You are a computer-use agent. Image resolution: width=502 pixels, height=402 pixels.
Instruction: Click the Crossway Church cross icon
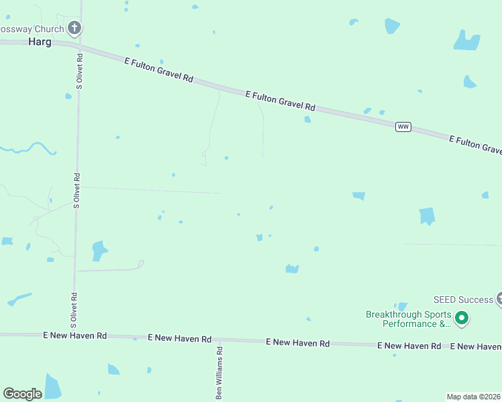click(x=74, y=28)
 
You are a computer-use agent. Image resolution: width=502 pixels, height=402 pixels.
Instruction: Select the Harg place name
click(x=40, y=41)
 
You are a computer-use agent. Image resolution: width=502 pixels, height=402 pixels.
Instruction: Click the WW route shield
click(x=403, y=127)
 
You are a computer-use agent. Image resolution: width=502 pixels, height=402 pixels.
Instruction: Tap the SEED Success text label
click(x=464, y=299)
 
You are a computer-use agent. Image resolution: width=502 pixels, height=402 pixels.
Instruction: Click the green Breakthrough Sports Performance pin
click(x=462, y=318)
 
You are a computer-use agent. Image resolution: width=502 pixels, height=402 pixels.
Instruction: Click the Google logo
click(x=22, y=394)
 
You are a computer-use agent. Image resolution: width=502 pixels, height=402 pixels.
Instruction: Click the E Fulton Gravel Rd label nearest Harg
click(x=159, y=69)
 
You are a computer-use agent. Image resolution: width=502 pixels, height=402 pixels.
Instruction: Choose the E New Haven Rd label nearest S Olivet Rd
click(x=74, y=334)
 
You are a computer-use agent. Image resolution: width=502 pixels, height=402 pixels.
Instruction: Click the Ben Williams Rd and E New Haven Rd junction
click(x=219, y=340)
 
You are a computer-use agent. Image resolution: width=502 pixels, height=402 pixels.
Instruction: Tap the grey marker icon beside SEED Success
click(x=499, y=299)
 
